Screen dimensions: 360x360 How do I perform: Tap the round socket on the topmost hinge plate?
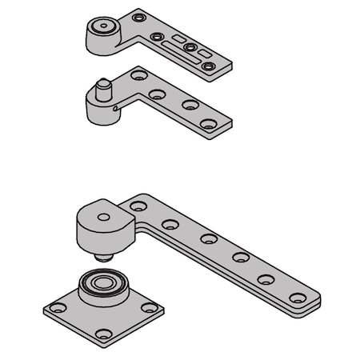click(x=102, y=27)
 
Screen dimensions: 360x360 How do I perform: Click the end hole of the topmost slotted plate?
click(x=209, y=66)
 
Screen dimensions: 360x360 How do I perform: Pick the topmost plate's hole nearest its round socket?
click(x=139, y=17)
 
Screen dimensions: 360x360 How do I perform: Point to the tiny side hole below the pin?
click(x=118, y=107)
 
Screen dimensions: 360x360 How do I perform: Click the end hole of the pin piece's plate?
click(x=209, y=124)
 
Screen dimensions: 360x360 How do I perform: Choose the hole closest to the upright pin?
click(x=138, y=75)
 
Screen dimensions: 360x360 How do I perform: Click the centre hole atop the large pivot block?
click(x=104, y=217)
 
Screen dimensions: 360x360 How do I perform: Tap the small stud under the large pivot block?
click(x=101, y=258)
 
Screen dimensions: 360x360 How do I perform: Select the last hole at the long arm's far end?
click(x=297, y=298)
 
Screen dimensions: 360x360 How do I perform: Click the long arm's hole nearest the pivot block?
click(x=138, y=206)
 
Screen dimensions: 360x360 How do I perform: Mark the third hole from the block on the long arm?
click(x=209, y=238)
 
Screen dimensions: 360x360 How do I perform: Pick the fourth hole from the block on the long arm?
click(x=240, y=257)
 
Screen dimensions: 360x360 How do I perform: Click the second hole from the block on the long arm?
click(x=170, y=224)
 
